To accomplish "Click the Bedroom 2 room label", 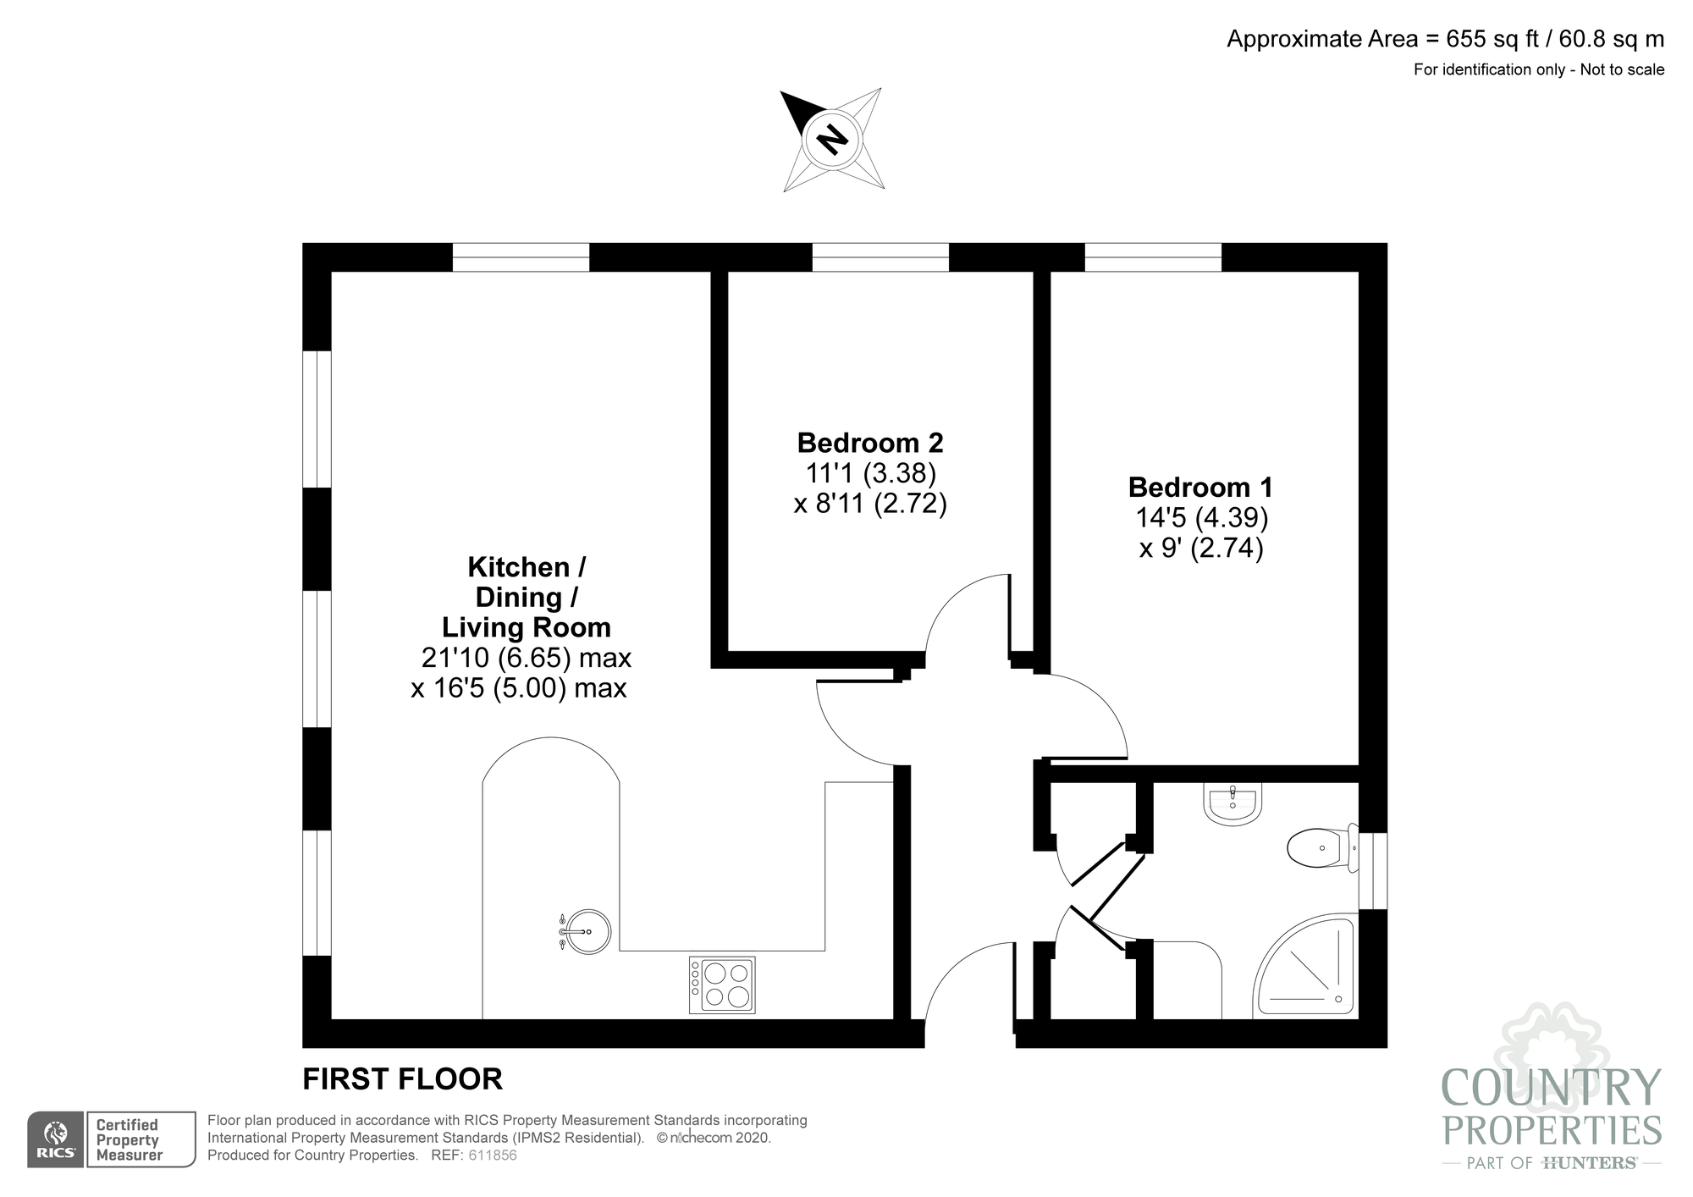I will click(869, 443).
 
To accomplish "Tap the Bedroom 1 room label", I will click(1200, 488).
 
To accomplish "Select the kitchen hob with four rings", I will click(722, 985).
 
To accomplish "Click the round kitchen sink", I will click(587, 932).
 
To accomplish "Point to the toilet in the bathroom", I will click(1318, 847).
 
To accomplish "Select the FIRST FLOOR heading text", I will click(403, 1079).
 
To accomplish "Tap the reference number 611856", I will click(492, 1156).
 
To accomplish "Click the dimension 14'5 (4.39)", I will click(1200, 517).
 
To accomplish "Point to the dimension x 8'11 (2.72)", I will click(869, 505).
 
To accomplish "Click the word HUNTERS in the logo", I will click(1589, 1163).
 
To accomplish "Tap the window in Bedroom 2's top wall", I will click(880, 257).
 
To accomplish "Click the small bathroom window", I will click(1373, 871).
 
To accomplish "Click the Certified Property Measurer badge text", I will click(128, 1139).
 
